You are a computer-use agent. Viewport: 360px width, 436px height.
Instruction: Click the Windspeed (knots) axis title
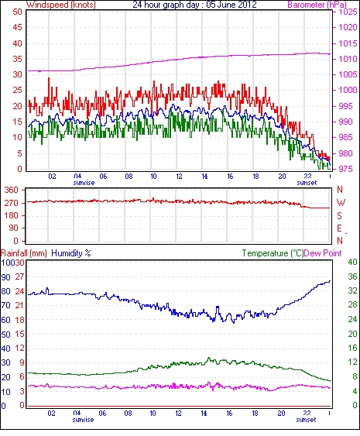coord(61,5)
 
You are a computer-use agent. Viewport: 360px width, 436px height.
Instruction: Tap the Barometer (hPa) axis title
coord(317,5)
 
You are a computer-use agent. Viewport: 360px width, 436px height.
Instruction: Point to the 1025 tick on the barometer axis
coord(348,12)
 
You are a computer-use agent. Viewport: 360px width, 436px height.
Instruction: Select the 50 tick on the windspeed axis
coord(17,12)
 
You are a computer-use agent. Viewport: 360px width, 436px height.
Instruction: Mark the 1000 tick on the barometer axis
coord(348,90)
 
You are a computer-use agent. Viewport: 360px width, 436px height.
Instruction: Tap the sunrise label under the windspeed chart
coord(84,183)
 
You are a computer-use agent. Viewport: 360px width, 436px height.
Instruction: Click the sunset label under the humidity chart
coord(306,419)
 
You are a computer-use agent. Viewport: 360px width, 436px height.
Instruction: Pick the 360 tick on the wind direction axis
coord(12,191)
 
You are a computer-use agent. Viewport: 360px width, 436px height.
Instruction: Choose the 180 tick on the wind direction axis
coord(12,215)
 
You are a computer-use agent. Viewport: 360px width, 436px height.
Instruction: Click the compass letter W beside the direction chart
coord(341,203)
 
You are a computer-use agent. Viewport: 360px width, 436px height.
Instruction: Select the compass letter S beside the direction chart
coord(339,215)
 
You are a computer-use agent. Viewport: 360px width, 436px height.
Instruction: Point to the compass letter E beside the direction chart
coord(339,228)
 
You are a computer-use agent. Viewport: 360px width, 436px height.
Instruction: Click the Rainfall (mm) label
coord(24,253)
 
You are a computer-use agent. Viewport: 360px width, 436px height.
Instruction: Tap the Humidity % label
coord(71,253)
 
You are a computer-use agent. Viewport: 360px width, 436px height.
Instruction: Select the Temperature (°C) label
coord(273,253)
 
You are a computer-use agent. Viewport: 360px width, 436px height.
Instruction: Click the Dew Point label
coord(323,253)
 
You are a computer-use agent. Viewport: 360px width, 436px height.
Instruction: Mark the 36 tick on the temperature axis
coord(352,276)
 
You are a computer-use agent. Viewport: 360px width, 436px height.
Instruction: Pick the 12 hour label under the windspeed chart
coord(179,177)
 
